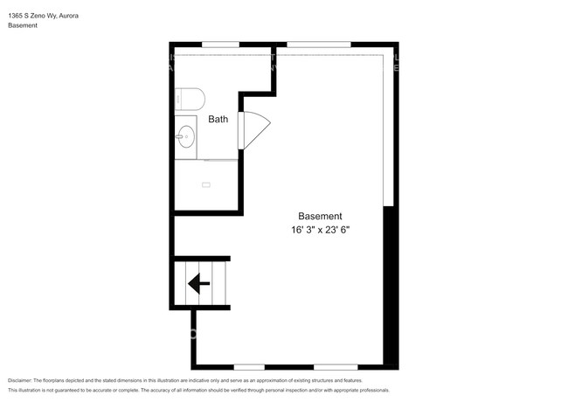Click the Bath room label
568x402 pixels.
[x=218, y=119]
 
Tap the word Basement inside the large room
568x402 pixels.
[x=320, y=216]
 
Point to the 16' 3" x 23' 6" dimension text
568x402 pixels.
[x=327, y=230]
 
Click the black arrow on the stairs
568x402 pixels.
[x=198, y=282]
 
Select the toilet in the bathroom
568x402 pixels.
[x=190, y=97]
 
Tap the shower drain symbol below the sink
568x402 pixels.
[x=206, y=184]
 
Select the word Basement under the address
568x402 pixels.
[x=23, y=25]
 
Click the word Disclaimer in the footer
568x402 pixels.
[x=21, y=381]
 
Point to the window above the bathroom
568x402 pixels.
[x=220, y=44]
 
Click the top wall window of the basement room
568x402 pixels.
[x=318, y=44]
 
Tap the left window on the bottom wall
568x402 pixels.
[x=249, y=366]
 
